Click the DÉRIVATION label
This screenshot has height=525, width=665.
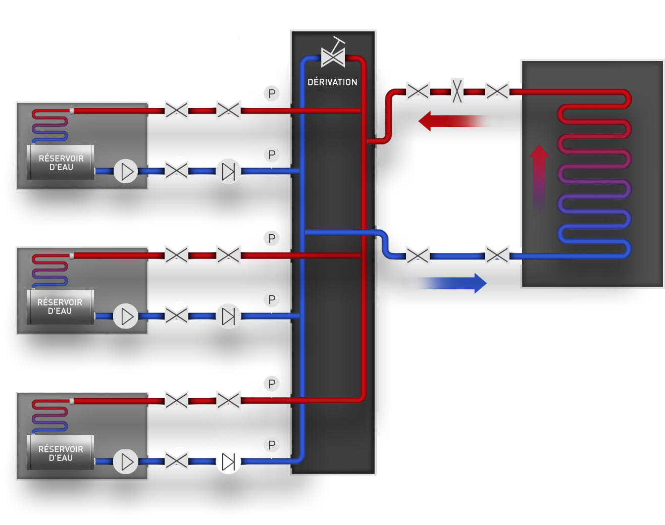tap(332, 82)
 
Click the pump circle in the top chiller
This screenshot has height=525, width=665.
tap(126, 172)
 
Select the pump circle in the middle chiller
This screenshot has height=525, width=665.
tap(126, 317)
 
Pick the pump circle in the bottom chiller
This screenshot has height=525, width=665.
tap(126, 461)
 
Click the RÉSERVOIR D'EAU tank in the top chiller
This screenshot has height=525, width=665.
tap(61, 163)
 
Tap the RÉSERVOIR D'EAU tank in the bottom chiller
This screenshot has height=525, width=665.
tap(61, 453)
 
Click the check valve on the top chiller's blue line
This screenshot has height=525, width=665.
tap(228, 172)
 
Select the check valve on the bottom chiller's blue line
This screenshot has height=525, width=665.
tap(228, 461)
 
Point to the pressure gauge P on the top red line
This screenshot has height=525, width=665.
tap(272, 93)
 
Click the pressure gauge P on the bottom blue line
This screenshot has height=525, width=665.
tap(272, 445)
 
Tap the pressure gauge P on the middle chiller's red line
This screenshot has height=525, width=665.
tap(272, 238)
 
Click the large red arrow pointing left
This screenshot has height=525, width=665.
tap(459, 121)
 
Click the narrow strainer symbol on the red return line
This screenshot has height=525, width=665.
tap(457, 91)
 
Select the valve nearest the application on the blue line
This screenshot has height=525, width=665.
tap(497, 255)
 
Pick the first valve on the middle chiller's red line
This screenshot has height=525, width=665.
tap(176, 255)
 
